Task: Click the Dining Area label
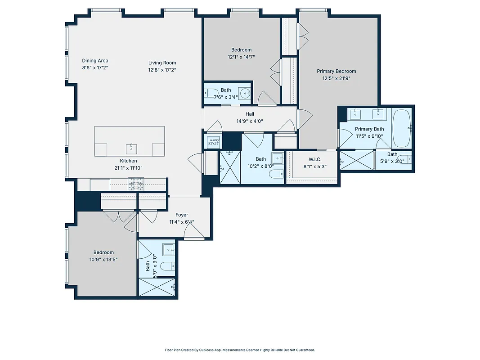(95, 61)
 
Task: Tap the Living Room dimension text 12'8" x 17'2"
(162, 70)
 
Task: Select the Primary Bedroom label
(336, 71)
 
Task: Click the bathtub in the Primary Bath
(401, 128)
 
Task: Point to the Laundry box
(213, 142)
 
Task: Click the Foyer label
(182, 215)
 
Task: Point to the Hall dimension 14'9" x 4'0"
(250, 121)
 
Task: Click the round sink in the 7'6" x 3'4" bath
(245, 94)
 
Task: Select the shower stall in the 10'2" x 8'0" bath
(230, 167)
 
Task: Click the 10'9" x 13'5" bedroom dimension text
(103, 259)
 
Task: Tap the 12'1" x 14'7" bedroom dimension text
(241, 57)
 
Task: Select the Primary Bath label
(369, 129)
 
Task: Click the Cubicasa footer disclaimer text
(240, 350)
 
